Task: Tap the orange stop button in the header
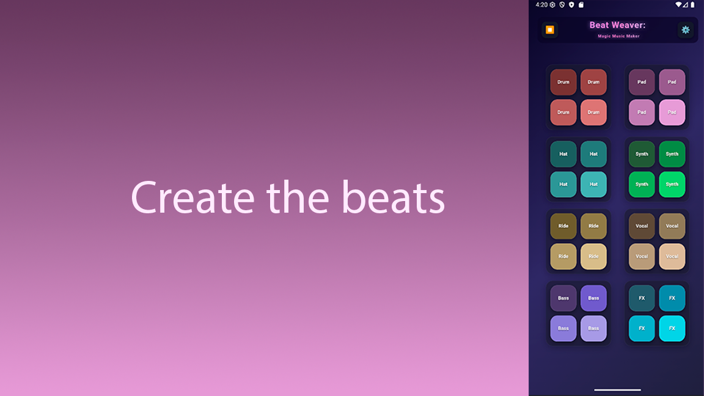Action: (x=549, y=29)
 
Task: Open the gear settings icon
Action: (x=685, y=29)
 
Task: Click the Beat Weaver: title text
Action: (x=617, y=25)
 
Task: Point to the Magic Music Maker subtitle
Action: (x=618, y=36)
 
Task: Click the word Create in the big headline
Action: (x=193, y=197)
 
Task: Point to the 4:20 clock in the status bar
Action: (x=541, y=5)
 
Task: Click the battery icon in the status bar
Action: (x=693, y=5)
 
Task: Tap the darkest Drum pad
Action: (x=563, y=82)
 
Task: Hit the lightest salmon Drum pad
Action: (x=593, y=112)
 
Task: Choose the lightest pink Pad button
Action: (x=672, y=112)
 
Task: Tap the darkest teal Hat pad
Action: (x=563, y=154)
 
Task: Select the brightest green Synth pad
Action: (x=672, y=184)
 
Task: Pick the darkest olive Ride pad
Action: (x=563, y=226)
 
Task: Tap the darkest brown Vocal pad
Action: (x=642, y=226)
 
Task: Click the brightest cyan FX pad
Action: (x=672, y=328)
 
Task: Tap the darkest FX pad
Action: (x=642, y=298)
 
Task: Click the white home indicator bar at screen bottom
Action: (x=617, y=390)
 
